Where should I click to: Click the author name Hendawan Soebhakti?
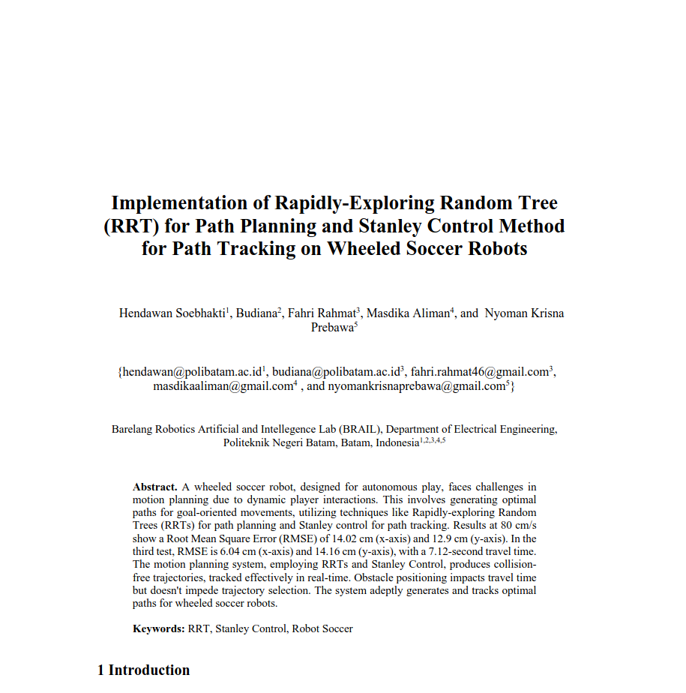pyautogui.click(x=172, y=313)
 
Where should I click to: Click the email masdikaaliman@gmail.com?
pyautogui.click(x=222, y=387)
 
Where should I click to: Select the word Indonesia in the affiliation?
pyautogui.click(x=397, y=443)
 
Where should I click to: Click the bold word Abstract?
pyautogui.click(x=155, y=487)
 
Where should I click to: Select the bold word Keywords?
pyautogui.click(x=159, y=629)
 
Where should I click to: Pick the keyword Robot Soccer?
pyautogui.click(x=322, y=629)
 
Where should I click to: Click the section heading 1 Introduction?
pyautogui.click(x=144, y=670)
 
